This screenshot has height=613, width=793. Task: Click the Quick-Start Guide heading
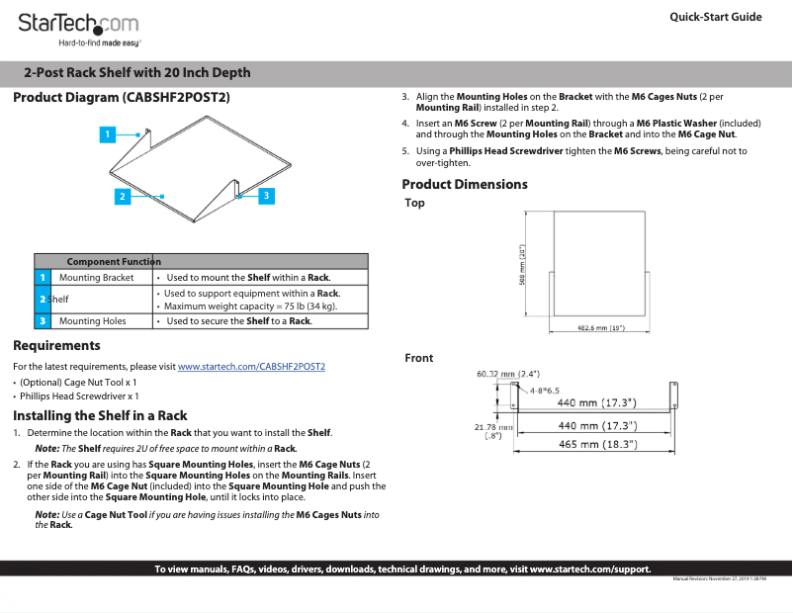tap(715, 17)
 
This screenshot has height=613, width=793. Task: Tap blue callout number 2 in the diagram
tap(122, 196)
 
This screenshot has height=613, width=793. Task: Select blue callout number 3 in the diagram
tap(267, 196)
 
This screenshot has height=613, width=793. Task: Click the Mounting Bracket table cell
tap(96, 278)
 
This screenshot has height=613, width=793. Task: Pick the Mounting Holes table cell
tap(92, 321)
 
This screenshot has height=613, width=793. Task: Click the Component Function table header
tap(113, 261)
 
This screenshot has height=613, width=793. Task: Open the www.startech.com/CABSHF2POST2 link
tap(251, 367)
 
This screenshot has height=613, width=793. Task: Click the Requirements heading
tap(56, 346)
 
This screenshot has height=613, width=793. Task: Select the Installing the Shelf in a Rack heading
tap(100, 415)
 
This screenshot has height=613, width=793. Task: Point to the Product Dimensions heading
tap(465, 184)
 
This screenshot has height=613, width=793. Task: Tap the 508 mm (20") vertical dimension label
tap(522, 265)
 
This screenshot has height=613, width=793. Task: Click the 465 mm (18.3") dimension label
tap(596, 445)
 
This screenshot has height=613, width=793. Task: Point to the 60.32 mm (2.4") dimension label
tap(507, 374)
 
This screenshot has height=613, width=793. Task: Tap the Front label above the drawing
tap(418, 358)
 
